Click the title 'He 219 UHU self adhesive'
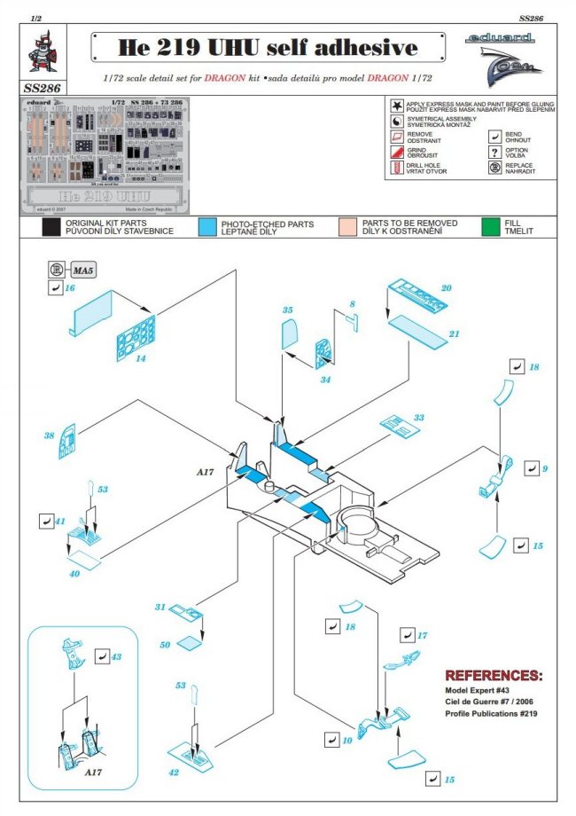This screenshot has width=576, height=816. click(x=267, y=47)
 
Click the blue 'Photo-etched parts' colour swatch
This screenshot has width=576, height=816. click(x=209, y=228)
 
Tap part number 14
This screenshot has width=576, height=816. click(x=140, y=359)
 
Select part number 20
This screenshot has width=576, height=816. click(x=446, y=289)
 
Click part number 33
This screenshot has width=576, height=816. click(x=418, y=417)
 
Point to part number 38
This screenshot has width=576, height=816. click(x=49, y=436)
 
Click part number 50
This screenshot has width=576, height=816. click(x=165, y=645)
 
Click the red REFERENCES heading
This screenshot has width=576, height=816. click(x=493, y=676)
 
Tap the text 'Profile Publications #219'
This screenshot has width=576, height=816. click(x=491, y=714)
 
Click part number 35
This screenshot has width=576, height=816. click(x=287, y=310)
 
